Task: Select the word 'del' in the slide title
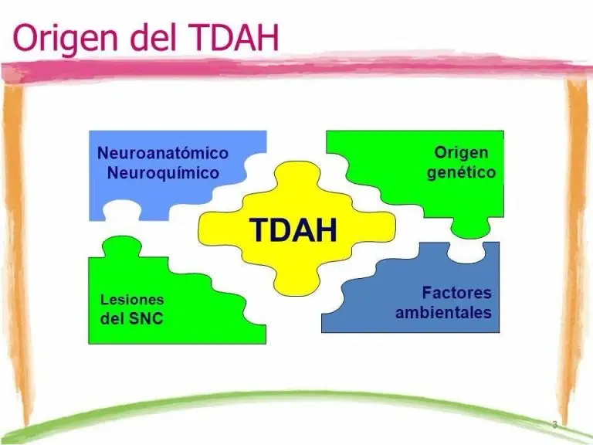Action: click(x=153, y=37)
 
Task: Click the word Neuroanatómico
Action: click(x=163, y=153)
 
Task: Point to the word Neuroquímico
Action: click(x=163, y=173)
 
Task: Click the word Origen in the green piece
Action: click(x=461, y=153)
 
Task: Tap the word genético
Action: click(x=461, y=172)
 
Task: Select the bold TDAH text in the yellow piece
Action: click(x=293, y=230)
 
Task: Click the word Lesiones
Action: click(x=132, y=300)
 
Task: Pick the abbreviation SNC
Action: click(x=147, y=318)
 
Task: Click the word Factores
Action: click(x=456, y=293)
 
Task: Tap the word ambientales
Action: click(x=443, y=313)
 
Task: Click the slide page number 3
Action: click(x=555, y=425)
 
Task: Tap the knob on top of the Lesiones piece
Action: click(x=122, y=246)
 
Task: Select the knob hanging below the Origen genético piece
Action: click(x=470, y=227)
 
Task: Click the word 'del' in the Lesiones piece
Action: click(x=112, y=318)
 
